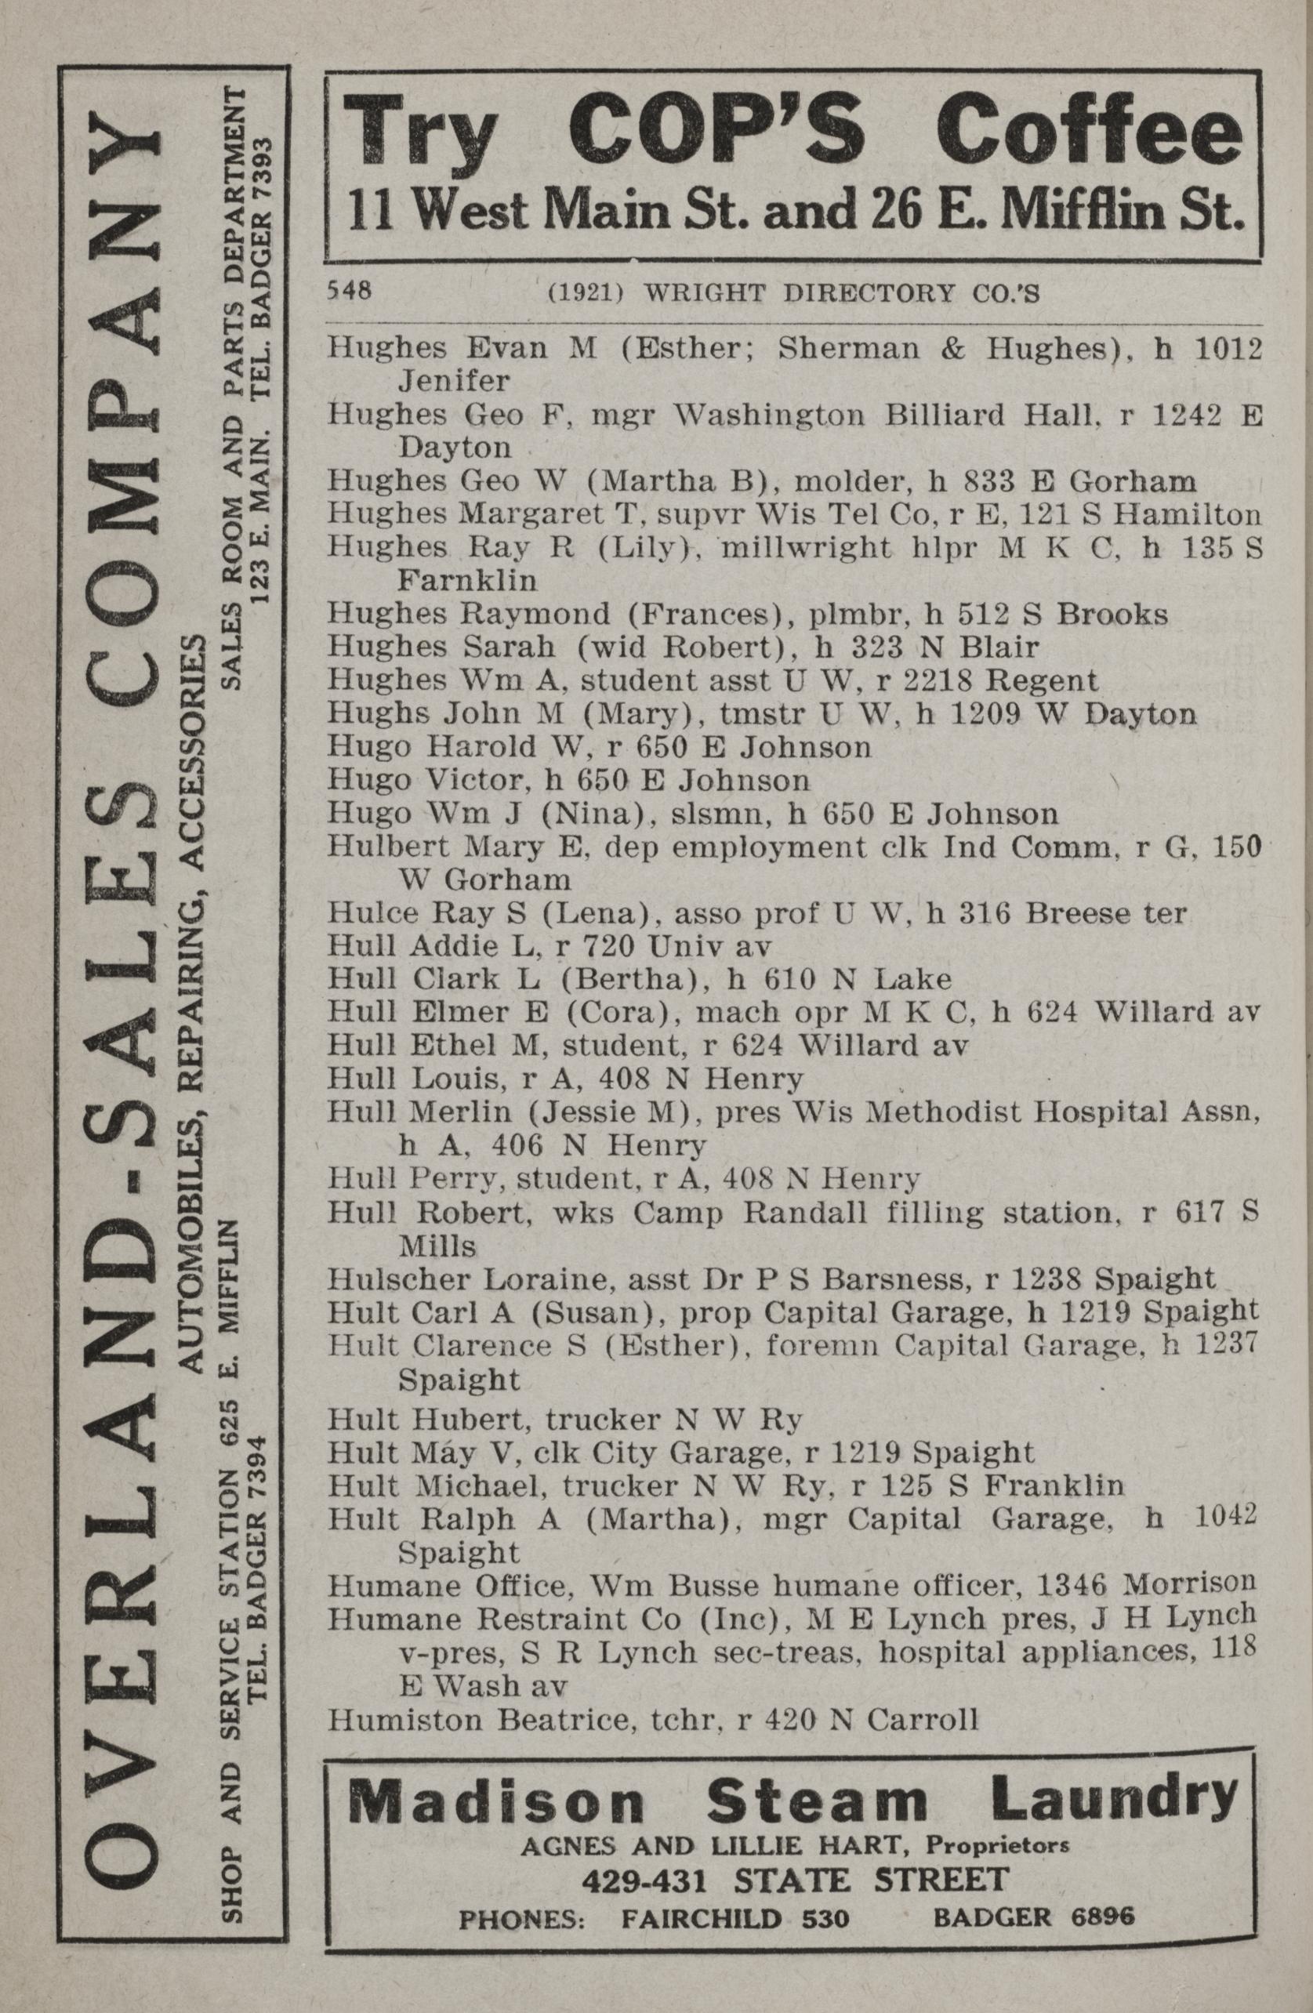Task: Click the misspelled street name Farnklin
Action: click(x=467, y=580)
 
